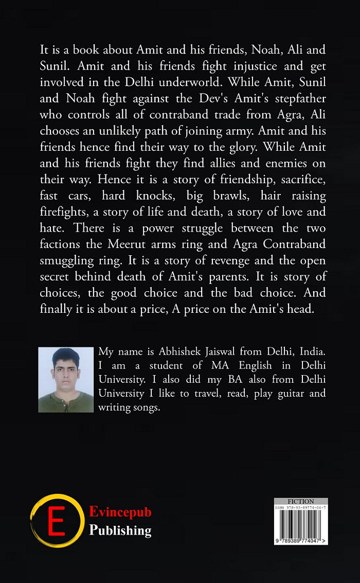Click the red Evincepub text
click(120, 512)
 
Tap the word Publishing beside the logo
click(120, 530)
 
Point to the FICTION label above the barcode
click(301, 501)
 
